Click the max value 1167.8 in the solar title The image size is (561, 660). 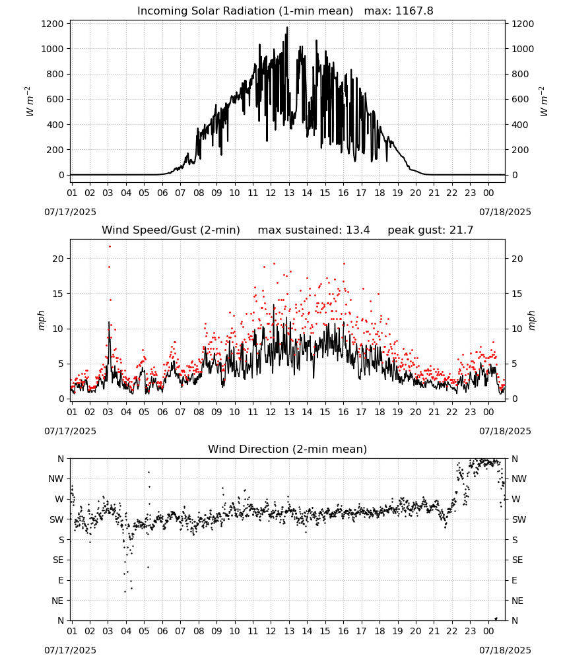(x=414, y=11)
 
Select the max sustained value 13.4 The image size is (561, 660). (x=358, y=230)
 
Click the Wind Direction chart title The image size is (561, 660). (x=288, y=449)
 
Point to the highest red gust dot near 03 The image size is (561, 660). (x=110, y=246)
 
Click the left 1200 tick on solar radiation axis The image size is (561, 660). (x=52, y=24)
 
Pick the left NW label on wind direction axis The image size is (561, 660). (x=56, y=478)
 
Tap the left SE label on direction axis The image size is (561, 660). (x=58, y=560)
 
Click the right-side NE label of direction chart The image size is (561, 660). (x=517, y=601)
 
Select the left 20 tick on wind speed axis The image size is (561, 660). (x=58, y=259)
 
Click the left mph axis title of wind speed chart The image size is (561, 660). (x=41, y=320)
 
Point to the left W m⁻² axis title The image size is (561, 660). (x=29, y=101)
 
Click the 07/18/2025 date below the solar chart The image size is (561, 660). (x=505, y=212)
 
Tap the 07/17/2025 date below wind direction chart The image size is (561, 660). (x=70, y=650)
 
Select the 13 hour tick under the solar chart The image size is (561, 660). (x=289, y=193)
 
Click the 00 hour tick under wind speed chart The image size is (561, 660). (x=488, y=412)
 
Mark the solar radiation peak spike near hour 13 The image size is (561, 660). (x=288, y=28)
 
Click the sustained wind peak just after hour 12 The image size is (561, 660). (x=273, y=305)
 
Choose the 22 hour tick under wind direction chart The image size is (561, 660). (x=452, y=631)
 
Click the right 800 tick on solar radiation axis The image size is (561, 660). (x=520, y=74)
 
